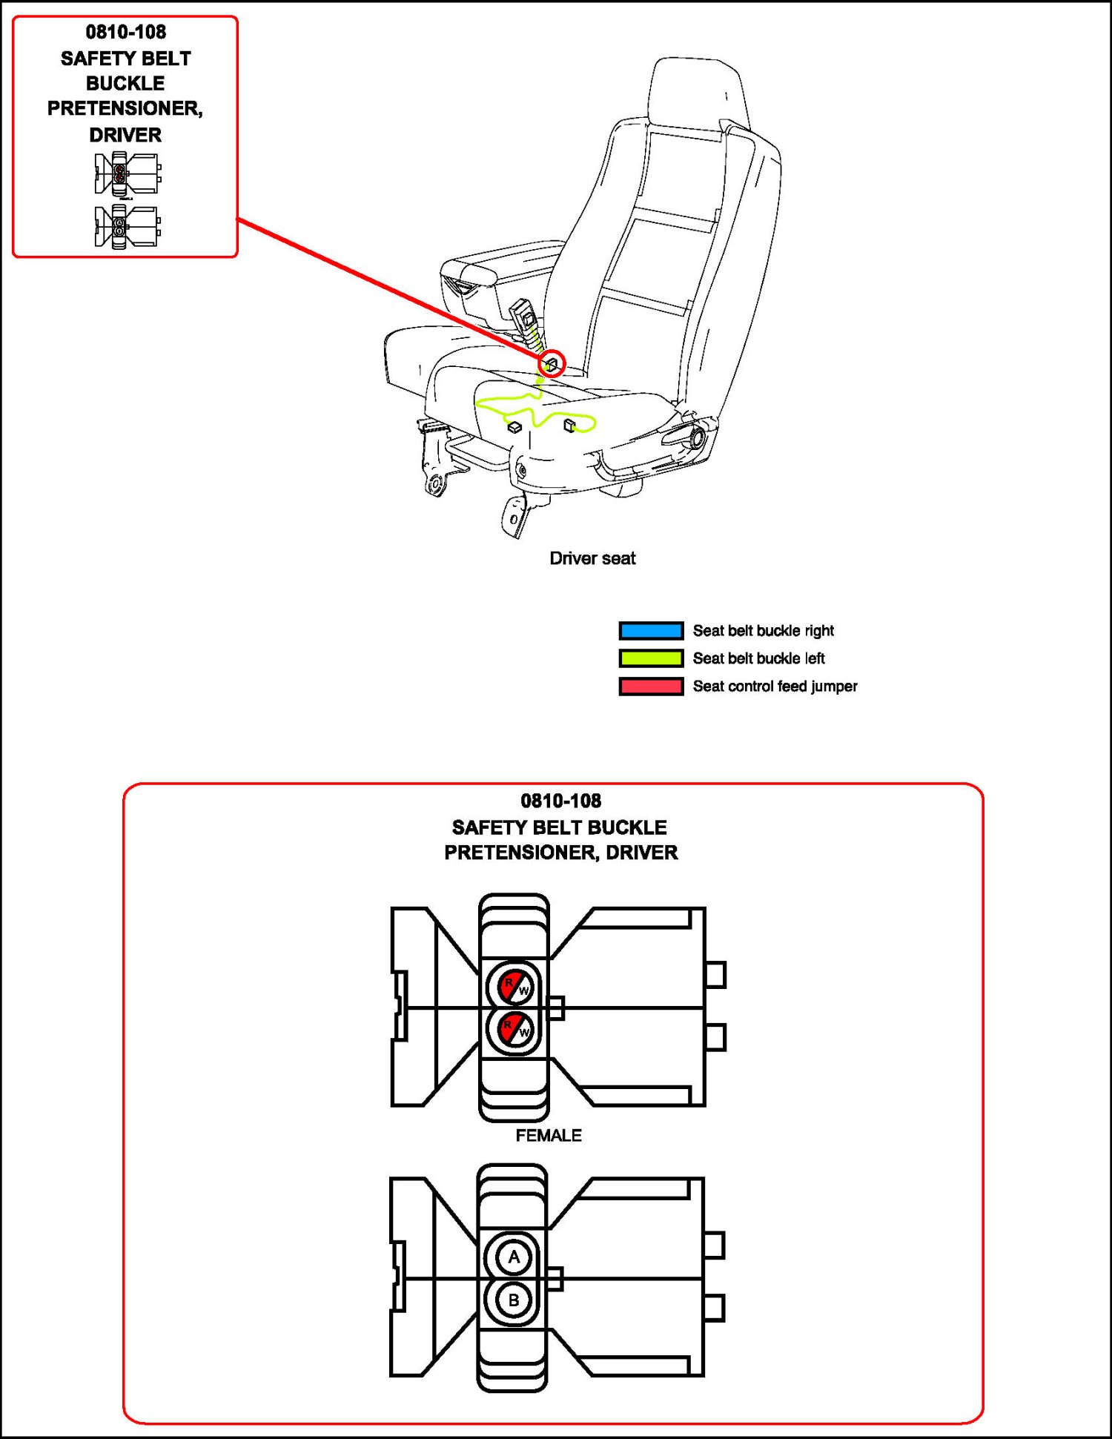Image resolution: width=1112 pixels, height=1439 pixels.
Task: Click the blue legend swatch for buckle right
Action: pos(651,630)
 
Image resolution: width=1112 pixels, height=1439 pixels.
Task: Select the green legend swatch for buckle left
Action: pos(651,658)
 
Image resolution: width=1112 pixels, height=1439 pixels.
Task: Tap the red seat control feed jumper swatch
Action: pos(651,687)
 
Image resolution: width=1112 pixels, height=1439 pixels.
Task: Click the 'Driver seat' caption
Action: pos(592,558)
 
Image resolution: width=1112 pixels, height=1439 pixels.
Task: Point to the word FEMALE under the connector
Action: pos(549,1135)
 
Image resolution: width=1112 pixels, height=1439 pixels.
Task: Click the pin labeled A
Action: pos(513,1257)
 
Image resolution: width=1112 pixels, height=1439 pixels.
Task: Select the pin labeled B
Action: pos(513,1300)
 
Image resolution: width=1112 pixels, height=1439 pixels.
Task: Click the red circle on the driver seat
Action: pos(552,363)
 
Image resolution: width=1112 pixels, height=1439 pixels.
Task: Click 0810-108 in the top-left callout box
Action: pos(126,32)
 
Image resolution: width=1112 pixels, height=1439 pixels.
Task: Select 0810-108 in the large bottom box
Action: pos(560,801)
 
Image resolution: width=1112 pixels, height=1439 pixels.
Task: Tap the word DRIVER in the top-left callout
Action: pos(125,135)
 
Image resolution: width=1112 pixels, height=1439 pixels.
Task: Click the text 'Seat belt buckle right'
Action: pos(763,630)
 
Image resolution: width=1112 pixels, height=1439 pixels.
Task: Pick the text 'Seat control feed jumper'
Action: pos(775,687)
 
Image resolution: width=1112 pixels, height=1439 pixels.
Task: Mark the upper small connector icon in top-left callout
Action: pos(126,174)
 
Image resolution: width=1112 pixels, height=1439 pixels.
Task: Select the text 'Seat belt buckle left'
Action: pos(758,658)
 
